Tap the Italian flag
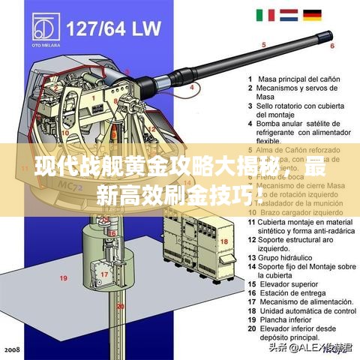point(266,15)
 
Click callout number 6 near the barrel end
point(331,46)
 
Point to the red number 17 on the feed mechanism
point(105,274)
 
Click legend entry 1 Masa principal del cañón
point(292,79)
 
